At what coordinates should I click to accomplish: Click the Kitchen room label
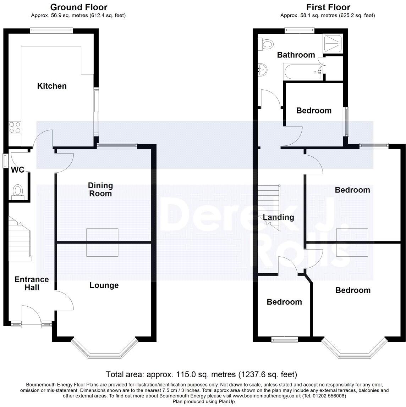(x=52, y=86)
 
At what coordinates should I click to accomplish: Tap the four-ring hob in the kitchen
(x=15, y=127)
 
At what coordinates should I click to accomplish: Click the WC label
(x=18, y=170)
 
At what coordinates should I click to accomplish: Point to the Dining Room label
(x=100, y=189)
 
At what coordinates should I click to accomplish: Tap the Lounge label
(x=104, y=285)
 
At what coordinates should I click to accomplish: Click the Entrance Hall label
(x=32, y=284)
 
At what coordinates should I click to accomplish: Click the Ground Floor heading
(x=79, y=7)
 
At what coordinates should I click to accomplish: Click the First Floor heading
(x=328, y=7)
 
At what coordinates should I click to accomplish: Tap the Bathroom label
(x=296, y=55)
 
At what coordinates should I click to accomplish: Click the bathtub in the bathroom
(x=303, y=71)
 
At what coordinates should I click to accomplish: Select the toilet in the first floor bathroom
(x=266, y=44)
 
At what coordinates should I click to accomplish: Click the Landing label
(x=279, y=217)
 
